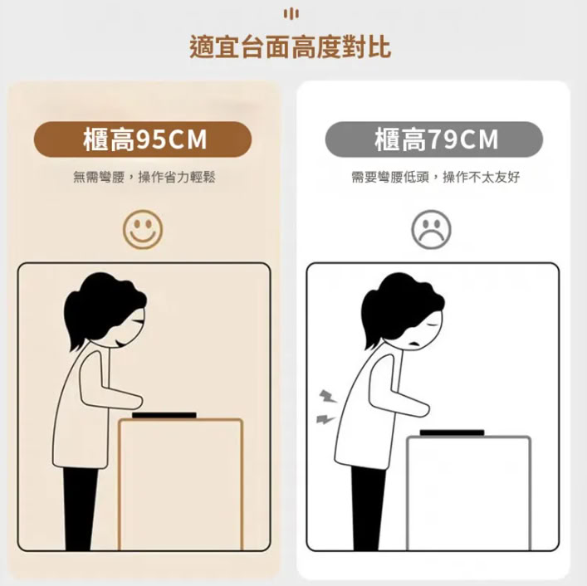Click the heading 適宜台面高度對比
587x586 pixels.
pos(291,46)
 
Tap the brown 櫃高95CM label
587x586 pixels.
pos(143,139)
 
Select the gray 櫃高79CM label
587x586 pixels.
pos(434,139)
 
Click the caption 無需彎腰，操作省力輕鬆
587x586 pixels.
pos(144,177)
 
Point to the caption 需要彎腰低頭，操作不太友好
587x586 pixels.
pos(436,177)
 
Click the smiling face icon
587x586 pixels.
pos(143,229)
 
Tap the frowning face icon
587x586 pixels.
pos(431,229)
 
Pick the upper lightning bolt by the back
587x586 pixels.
pos(328,396)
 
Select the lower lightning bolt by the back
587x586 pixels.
pos(325,418)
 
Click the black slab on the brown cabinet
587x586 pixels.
pos(164,415)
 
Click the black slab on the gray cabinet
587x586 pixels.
pos(452,433)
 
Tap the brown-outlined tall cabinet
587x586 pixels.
pos(180,484)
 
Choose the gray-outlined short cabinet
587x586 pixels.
pos(469,493)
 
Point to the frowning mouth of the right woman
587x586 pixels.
pos(414,343)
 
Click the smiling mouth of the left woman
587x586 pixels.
pos(119,343)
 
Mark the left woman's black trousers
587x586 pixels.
pos(80,508)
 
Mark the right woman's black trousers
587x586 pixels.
pos(368,508)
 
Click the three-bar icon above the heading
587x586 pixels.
pos(291,14)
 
